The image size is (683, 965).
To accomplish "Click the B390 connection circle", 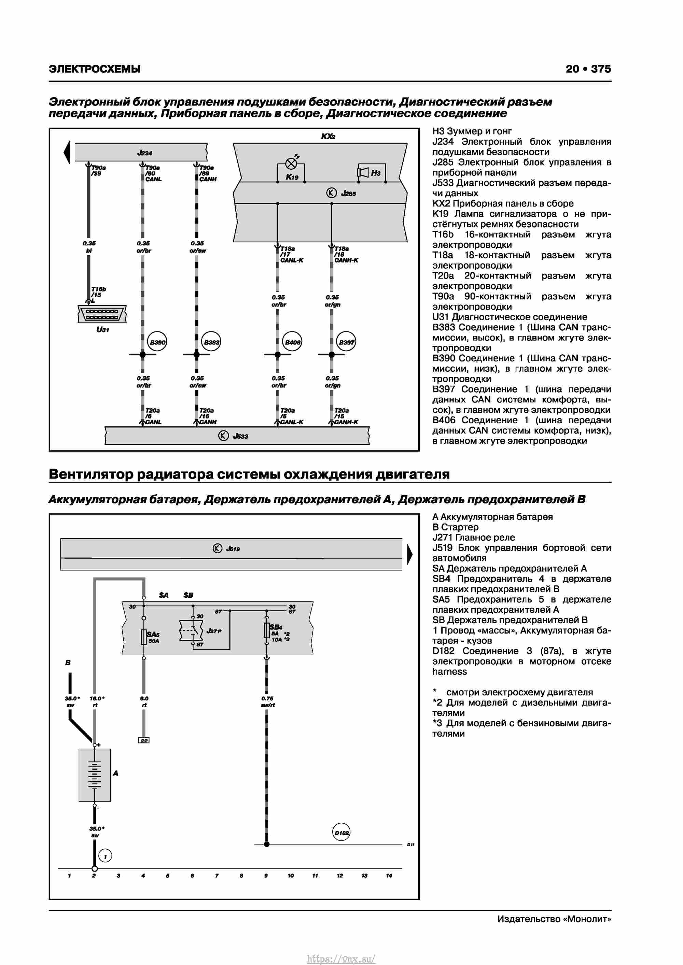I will pos(157,342).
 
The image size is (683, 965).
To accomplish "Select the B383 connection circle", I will pos(211,342).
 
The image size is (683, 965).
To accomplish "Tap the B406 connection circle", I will pos(292,342).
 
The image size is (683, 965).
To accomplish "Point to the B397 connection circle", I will pos(346,342).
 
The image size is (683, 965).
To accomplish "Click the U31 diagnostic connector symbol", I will pos(102,314).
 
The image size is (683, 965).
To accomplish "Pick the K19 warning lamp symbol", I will pos(291,164).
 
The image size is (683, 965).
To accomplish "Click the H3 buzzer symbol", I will pos(363,172).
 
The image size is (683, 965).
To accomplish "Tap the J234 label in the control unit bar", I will pos(145,153).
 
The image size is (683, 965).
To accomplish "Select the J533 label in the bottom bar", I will pos(240,436).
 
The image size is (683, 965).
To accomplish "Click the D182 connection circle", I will pos(341,833).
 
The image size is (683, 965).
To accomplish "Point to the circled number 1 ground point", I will pos(105,856).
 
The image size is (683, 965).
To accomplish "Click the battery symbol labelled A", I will pos(95,775).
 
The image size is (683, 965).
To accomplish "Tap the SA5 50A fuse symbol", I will pos(144,637).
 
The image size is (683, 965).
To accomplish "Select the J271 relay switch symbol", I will pos(191,631).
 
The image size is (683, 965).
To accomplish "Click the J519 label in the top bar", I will pos(233,549).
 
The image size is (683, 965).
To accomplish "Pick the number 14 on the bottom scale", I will pos(389,876).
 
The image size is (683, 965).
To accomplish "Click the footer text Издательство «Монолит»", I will pos(554,919).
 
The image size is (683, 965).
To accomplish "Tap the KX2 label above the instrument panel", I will pos(328,137).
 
